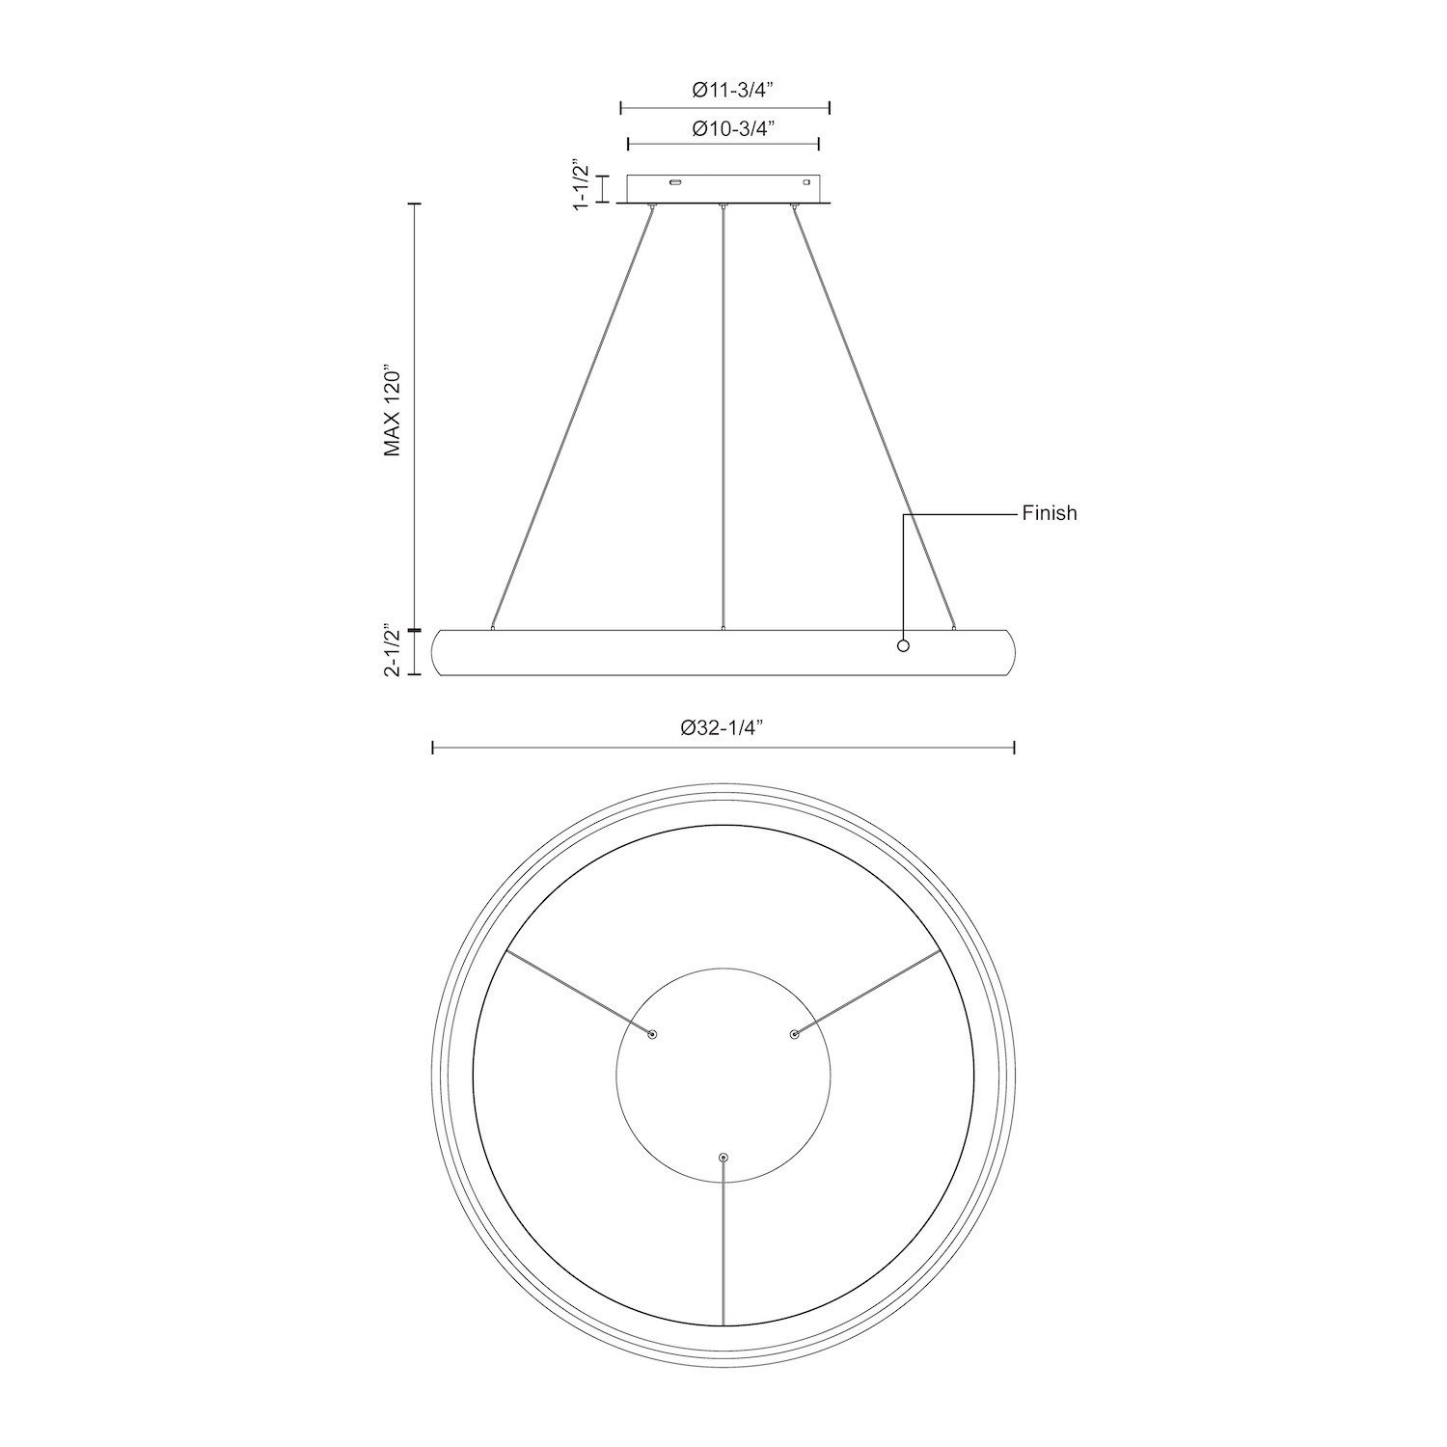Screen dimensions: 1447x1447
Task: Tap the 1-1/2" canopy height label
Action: click(x=581, y=185)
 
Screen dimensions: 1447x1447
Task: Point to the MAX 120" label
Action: click(x=391, y=410)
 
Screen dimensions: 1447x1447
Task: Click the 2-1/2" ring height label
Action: click(x=391, y=651)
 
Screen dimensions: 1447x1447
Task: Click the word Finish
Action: click(x=1050, y=513)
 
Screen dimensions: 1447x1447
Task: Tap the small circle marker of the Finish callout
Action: click(x=903, y=645)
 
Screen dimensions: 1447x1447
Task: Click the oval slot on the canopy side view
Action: click(x=676, y=181)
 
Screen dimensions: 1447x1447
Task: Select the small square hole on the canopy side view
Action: click(x=806, y=181)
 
